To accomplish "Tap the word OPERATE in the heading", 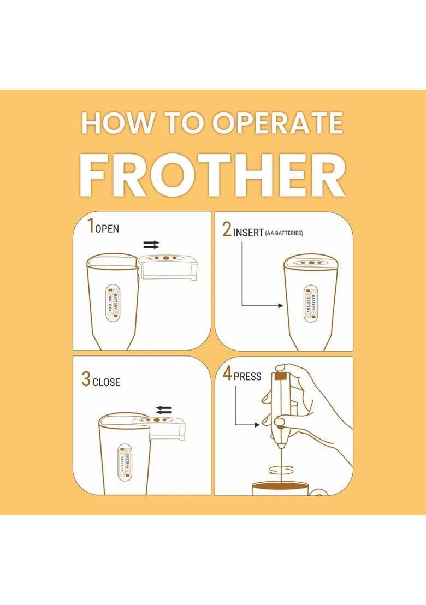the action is [277, 123].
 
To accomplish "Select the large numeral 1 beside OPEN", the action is [91, 226].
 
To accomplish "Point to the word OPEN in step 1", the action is [107, 229].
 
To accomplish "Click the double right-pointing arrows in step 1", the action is [151, 244].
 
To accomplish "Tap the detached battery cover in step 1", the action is [168, 266].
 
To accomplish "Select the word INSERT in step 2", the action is [248, 233].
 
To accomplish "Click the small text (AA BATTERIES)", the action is [284, 233].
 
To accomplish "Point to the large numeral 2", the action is [227, 229].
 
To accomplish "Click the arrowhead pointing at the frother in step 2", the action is [281, 306].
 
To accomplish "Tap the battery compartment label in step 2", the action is [310, 304].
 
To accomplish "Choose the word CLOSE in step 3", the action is [106, 382].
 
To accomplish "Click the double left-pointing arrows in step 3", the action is [164, 410].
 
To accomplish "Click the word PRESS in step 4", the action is [247, 376].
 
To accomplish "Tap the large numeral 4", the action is [228, 374].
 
